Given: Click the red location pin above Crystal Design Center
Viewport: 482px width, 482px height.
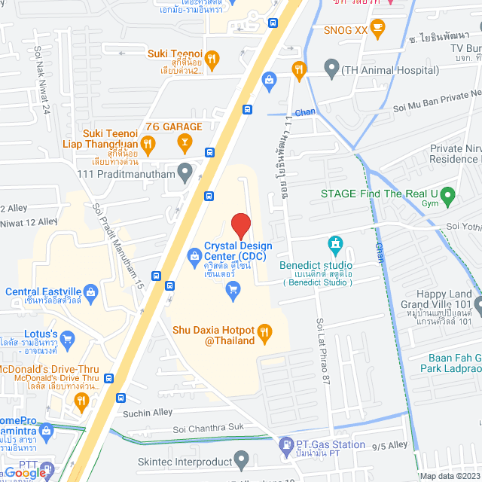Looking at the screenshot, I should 240,226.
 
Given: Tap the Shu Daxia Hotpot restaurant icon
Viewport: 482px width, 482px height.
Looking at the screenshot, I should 264,331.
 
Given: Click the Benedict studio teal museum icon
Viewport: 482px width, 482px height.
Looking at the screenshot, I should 335,245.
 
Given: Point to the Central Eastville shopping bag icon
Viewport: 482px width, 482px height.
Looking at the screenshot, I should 91,291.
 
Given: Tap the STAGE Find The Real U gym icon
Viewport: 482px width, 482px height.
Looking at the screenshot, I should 447,198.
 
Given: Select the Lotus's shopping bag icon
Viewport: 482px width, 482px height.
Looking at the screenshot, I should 68,339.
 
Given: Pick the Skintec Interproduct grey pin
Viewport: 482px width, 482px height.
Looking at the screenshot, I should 242,459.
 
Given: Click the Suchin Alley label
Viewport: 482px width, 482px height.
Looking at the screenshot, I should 147,413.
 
